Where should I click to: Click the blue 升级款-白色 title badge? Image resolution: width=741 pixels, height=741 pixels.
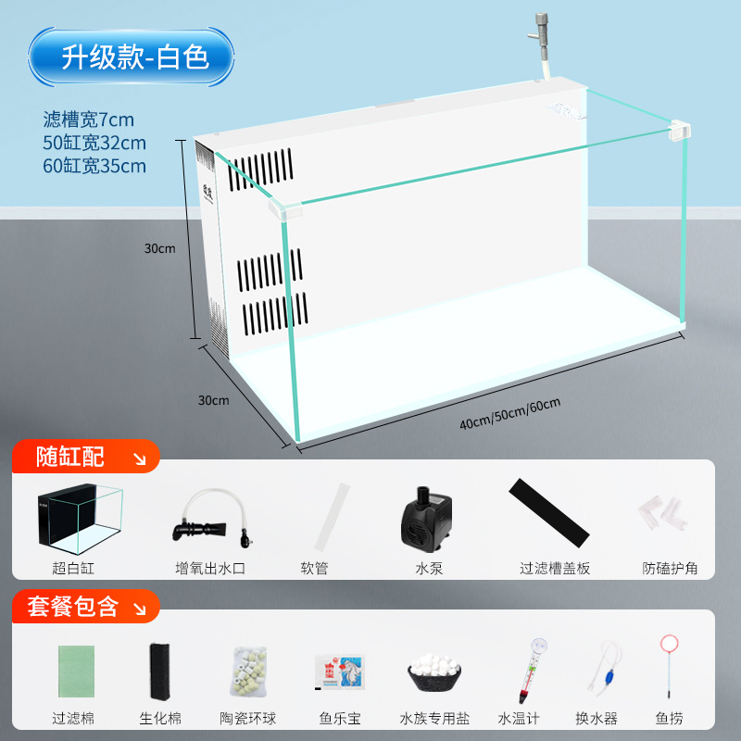pos(132,57)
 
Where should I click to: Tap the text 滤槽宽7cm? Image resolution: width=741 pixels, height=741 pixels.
pos(89,119)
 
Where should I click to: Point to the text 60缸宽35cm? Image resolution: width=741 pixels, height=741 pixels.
pos(94,167)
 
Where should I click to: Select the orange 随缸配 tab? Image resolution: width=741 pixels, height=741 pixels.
pos(84,457)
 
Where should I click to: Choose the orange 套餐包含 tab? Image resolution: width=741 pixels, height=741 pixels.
pos(84,608)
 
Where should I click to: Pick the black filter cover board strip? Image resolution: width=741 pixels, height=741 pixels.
pos(549,514)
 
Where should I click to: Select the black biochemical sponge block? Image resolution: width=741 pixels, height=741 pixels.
pos(157,669)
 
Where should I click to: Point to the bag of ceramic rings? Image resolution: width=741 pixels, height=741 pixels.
pos(253,671)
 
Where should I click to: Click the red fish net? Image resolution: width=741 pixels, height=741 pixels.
pos(668,667)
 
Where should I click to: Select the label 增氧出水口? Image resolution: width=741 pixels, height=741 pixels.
pos(210,568)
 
